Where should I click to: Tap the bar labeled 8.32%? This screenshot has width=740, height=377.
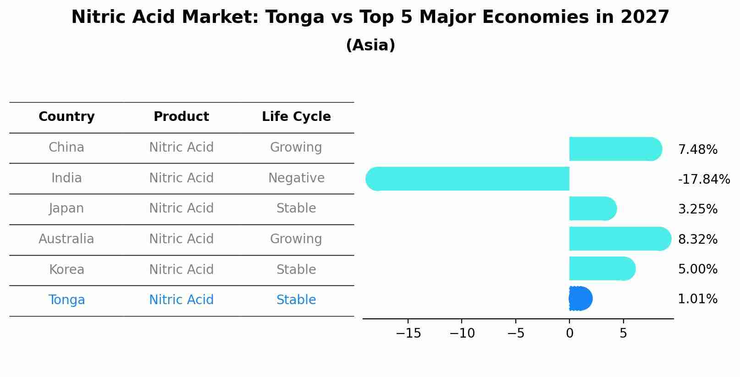point(619,239)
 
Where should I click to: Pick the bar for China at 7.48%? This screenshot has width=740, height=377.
point(614,149)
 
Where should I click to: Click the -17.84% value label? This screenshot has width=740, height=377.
point(704,180)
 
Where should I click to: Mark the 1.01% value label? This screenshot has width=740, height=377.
point(697,300)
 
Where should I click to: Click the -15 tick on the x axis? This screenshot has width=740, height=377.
point(408,333)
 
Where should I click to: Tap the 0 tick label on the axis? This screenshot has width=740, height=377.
point(569,333)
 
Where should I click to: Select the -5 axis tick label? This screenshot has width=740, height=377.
point(515,333)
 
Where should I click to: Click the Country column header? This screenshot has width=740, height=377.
point(66,117)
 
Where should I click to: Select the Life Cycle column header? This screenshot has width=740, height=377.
point(296,117)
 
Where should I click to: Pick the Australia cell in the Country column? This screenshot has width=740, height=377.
point(66,239)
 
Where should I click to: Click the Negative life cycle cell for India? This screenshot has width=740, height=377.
point(296,178)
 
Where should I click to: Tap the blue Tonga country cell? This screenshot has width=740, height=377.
point(66,300)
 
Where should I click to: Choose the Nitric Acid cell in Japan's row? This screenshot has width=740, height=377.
point(181,208)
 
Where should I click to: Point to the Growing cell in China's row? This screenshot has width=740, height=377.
point(296,148)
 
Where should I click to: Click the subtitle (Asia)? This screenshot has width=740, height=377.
point(370,45)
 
